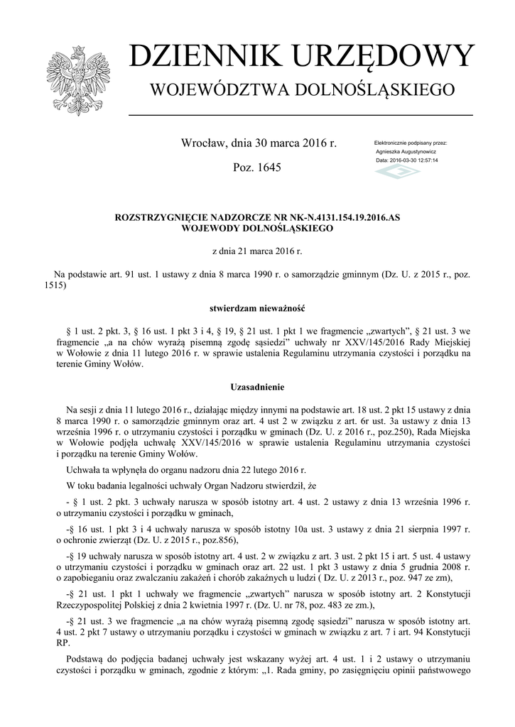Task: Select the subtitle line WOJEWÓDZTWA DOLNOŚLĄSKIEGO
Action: pyautogui.click(x=299, y=90)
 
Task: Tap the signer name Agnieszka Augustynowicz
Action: pyautogui.click(x=406, y=152)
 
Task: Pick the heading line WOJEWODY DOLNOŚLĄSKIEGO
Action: pyautogui.click(x=258, y=229)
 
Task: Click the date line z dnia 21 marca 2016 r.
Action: pyautogui.click(x=258, y=251)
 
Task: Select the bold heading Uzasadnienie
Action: pyautogui.click(x=257, y=387)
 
